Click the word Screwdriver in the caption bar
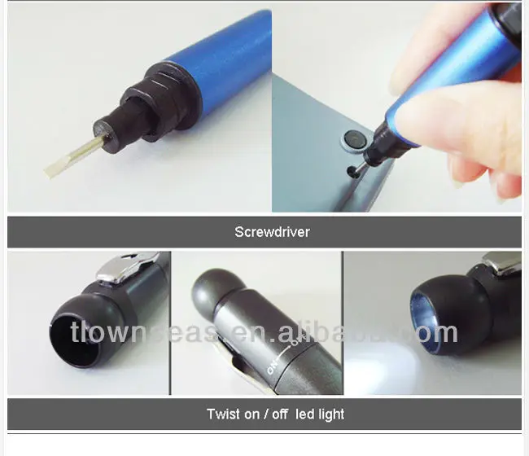272,232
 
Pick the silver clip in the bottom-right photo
501,262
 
